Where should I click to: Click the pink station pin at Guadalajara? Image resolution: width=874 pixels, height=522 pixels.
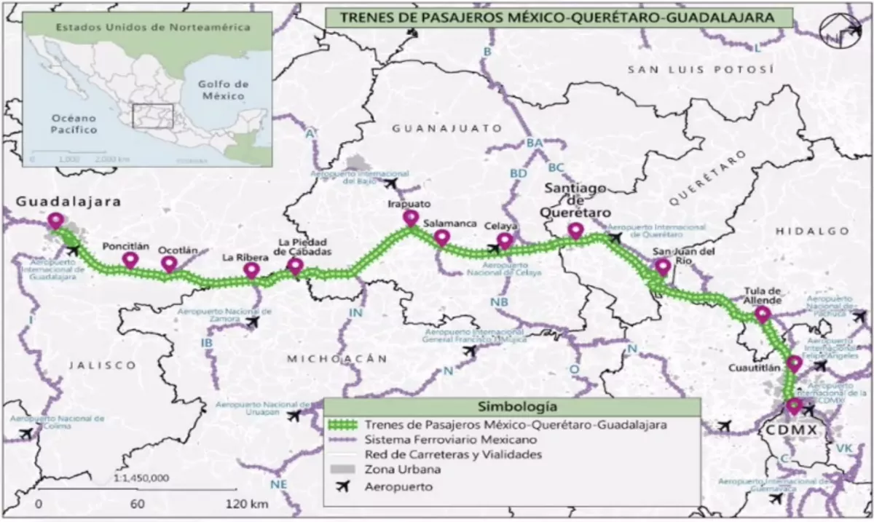(55, 221)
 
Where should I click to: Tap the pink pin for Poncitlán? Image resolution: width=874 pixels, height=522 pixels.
(130, 260)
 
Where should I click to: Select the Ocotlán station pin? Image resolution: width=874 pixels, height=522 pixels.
(169, 264)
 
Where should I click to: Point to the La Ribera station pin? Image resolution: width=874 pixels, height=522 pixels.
(252, 270)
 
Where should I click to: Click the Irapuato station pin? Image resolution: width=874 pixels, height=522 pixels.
(411, 218)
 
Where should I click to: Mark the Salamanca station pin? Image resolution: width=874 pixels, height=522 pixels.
(441, 237)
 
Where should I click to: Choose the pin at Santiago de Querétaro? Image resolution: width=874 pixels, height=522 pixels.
(575, 231)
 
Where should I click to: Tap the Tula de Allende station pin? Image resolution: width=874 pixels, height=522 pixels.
(763, 314)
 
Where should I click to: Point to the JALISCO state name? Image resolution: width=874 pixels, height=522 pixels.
(92, 365)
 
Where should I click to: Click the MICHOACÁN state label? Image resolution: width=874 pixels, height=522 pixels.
(335, 358)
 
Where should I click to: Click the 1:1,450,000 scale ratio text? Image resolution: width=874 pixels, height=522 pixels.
(143, 478)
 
